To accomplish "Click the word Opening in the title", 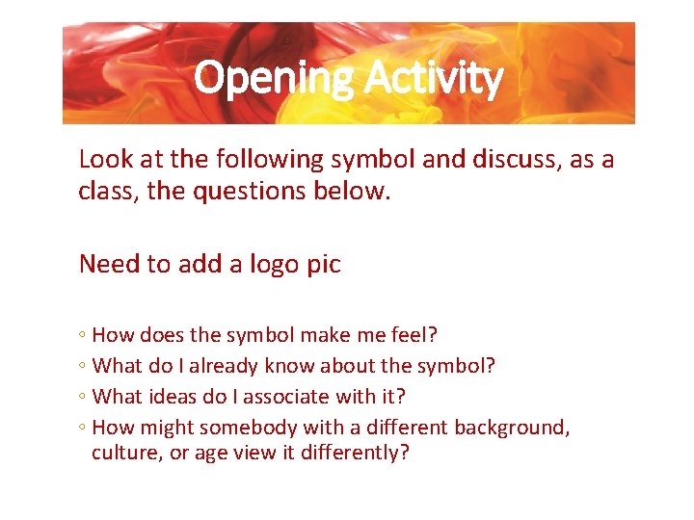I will click(273, 79).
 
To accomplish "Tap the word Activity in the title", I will click(433, 79).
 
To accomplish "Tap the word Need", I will click(110, 264).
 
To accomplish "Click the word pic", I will click(321, 264).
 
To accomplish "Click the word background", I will click(511, 427).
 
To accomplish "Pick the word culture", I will click(126, 453).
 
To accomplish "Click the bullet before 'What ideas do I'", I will click(84, 397).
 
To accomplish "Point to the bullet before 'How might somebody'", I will click(84, 428).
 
